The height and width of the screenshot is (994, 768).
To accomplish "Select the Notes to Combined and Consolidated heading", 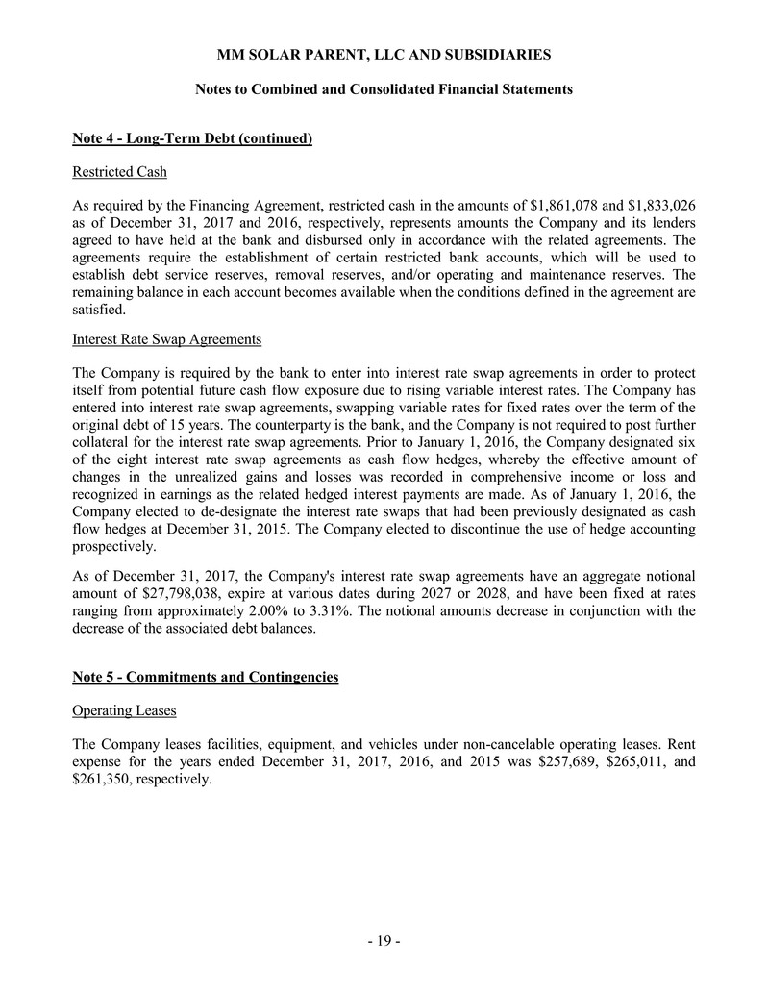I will pos(384,89).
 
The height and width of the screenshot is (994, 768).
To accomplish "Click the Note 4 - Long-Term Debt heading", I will pos(192,139).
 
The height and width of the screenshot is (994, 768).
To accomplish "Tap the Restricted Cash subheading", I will pos(120,172).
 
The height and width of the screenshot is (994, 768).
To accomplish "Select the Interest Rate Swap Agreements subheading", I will pos(166,339).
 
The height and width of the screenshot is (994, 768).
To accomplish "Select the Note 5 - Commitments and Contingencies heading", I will pos(206,678).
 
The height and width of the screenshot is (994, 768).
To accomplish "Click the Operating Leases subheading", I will pos(121,710).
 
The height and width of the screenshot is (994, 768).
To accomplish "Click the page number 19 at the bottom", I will pos(384,941).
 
